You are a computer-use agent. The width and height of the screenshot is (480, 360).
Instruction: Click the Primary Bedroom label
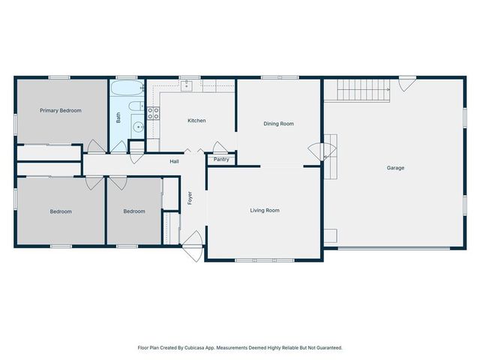pos(61,110)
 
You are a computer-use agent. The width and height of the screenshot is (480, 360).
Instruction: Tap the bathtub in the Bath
pos(125,91)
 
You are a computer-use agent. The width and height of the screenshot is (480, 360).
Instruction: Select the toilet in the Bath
pos(136,106)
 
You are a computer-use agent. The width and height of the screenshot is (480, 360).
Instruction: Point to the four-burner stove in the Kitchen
pos(153,113)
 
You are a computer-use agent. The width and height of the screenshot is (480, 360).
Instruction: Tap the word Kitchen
pos(196,121)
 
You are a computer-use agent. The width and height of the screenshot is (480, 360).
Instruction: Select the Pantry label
pos(221,159)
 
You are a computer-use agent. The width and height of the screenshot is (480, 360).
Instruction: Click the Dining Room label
pos(278,124)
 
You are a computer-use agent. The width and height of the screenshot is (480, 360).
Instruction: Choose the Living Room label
pos(265,211)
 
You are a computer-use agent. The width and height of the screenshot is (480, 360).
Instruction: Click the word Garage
pos(395,168)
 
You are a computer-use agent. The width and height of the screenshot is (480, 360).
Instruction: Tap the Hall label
pos(174,161)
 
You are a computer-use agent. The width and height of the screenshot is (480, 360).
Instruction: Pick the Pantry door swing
pos(220,148)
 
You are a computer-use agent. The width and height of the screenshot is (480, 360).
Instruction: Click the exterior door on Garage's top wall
pos(406,83)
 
